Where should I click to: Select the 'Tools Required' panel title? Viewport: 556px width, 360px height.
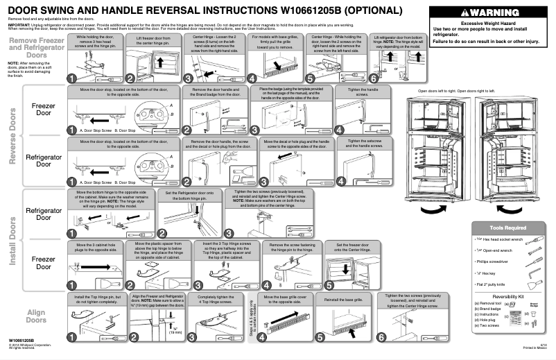[x=507, y=227]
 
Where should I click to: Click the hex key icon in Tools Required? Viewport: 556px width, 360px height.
[x=535, y=269]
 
